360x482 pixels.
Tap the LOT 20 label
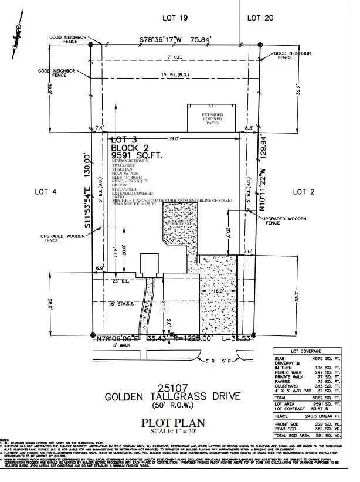point(261,18)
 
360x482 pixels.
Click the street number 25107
point(174,386)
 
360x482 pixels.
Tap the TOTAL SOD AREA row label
point(294,435)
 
